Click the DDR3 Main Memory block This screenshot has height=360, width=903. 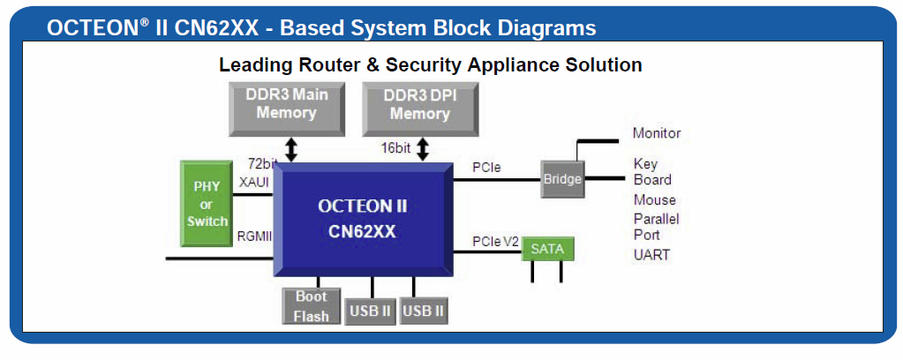coord(287,104)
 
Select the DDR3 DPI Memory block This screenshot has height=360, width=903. coord(420,104)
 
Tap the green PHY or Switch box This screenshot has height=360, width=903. coord(207,205)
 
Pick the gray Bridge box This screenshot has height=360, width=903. coord(562,179)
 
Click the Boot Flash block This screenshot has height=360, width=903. coord(311,306)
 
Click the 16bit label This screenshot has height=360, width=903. coord(396,148)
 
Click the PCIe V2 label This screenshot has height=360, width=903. coord(496,241)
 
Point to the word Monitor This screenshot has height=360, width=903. coord(657,133)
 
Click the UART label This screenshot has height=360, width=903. coord(651,255)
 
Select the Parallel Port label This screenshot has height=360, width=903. coord(656,227)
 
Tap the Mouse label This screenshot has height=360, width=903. coord(654,200)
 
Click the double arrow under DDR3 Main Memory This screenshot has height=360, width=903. coord(291,148)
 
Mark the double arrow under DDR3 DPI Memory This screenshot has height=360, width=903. coord(423,148)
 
